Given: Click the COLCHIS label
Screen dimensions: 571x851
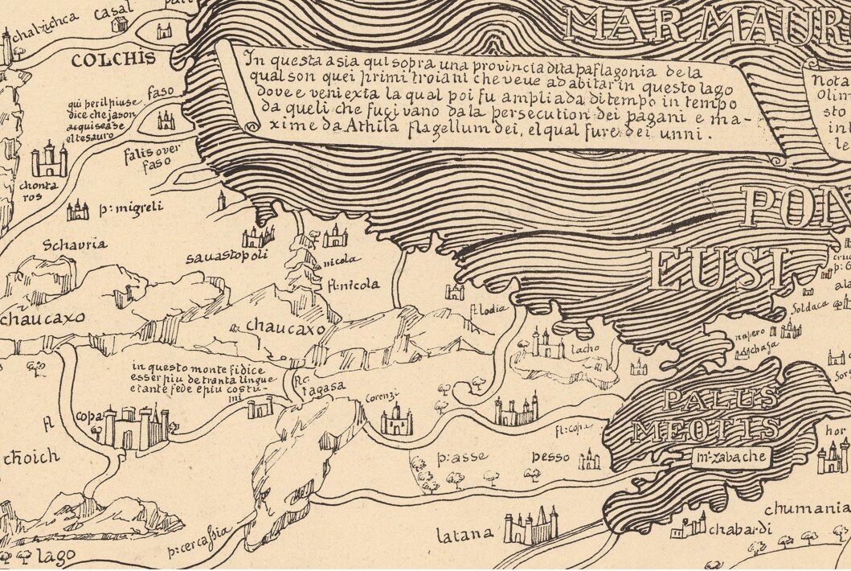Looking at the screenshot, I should [101, 60].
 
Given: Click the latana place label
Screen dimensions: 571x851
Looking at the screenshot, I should [464, 533].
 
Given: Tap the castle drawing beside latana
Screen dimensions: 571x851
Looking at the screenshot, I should [530, 528].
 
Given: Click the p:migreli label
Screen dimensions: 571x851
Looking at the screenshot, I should [131, 208].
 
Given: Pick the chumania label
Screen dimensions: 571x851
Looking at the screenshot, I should [806, 508].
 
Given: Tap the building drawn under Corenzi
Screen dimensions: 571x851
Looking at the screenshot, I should [396, 420].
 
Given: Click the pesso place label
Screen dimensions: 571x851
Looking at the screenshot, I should [550, 457].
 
